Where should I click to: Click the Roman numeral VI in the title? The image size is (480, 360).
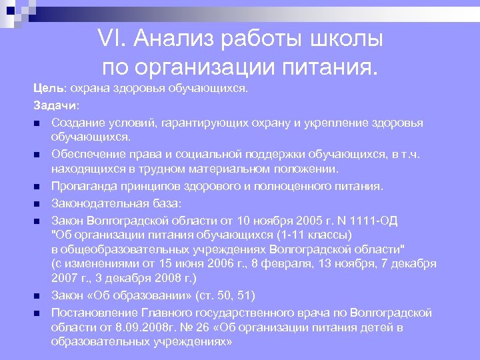[x=111, y=39]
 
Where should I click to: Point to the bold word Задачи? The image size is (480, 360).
[x=55, y=105]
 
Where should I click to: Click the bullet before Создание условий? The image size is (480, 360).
[x=38, y=123]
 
